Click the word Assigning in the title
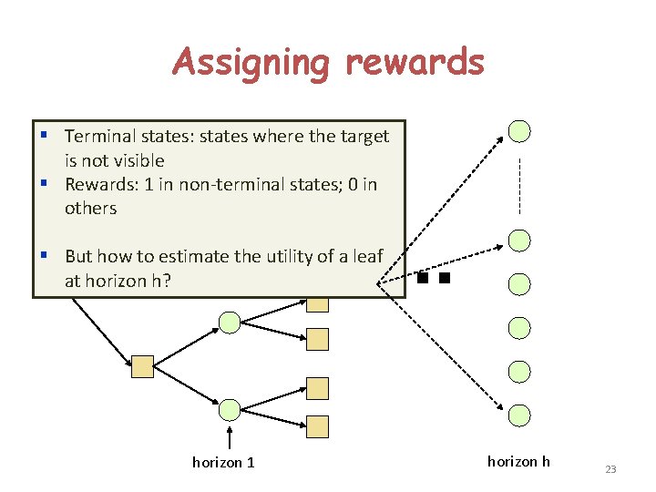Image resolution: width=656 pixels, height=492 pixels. [x=251, y=63]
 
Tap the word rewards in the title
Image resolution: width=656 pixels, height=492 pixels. [x=415, y=63]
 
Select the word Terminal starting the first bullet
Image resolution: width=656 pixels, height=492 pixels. [x=100, y=137]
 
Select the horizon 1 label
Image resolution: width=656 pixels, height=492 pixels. [x=223, y=463]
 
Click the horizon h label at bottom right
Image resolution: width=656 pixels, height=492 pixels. [x=518, y=462]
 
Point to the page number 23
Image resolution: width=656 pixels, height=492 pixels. [x=610, y=469]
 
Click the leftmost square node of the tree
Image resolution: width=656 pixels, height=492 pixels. [x=142, y=367]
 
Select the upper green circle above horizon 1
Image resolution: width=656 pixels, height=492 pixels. [x=231, y=322]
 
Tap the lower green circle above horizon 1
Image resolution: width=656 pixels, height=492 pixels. [x=231, y=409]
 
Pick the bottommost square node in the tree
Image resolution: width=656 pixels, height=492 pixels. [x=317, y=425]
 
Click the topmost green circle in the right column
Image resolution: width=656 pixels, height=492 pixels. [x=519, y=131]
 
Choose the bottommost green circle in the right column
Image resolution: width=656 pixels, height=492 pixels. [x=519, y=415]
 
